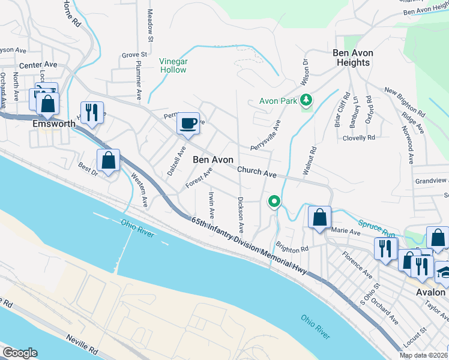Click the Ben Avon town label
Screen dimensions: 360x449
213,160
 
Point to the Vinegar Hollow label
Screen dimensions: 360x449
173,65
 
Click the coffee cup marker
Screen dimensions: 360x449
188,124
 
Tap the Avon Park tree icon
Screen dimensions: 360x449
306,100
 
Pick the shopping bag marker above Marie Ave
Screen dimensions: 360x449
320,217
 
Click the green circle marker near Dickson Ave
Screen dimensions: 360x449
274,201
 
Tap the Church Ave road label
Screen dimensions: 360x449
256,173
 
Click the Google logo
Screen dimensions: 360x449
19,353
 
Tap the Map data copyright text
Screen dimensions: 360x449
424,355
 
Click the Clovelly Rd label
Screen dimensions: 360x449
358,137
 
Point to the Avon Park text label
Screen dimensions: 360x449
279,101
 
